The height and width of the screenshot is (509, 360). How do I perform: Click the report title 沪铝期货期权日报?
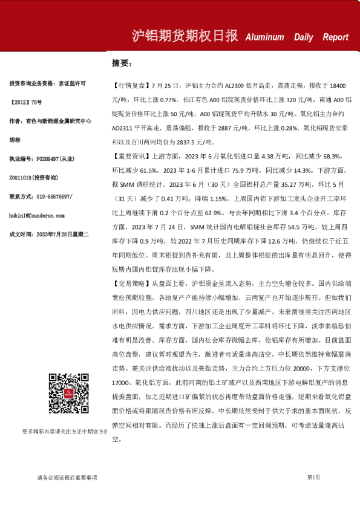pos(184,36)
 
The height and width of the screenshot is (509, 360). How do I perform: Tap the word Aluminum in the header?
pos(264,37)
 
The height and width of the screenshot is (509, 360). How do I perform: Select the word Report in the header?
pos(335,37)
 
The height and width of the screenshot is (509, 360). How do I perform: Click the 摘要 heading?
pos(121,63)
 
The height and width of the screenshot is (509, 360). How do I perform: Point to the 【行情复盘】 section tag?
pos(131,85)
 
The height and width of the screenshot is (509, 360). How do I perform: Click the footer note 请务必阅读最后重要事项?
pos(67,478)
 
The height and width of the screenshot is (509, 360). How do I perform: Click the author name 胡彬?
pos(15,138)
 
